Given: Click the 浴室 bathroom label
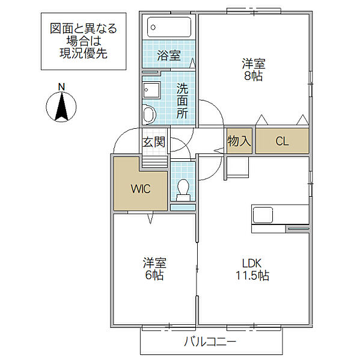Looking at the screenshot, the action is pos(169,55).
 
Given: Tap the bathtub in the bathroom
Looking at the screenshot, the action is pos(169,27).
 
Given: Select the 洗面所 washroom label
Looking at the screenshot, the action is pos(182,101).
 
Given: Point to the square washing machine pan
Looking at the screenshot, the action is pos(151,90).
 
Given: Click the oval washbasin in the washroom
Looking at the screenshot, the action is pos(149,114).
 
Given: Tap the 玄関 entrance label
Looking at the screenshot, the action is pos(154,142).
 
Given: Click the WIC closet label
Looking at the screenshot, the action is pos(141,189).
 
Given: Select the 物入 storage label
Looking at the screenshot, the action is pos(239,141).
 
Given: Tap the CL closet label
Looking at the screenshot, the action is pos(282,141).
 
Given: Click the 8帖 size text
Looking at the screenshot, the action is pos(253,76).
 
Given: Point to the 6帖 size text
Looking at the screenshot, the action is pos(154,275).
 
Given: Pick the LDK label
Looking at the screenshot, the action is pos(252,264).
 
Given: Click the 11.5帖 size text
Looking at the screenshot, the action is pos(252,276).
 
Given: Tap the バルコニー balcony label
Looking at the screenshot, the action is pos(210,341).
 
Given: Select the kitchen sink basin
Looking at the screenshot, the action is pos(263,215).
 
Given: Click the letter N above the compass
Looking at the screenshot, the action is pos(61,87).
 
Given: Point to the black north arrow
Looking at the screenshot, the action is pos(61,106).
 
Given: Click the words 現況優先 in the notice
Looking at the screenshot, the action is pos(84,54).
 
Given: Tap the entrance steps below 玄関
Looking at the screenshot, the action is pos(154,162).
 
